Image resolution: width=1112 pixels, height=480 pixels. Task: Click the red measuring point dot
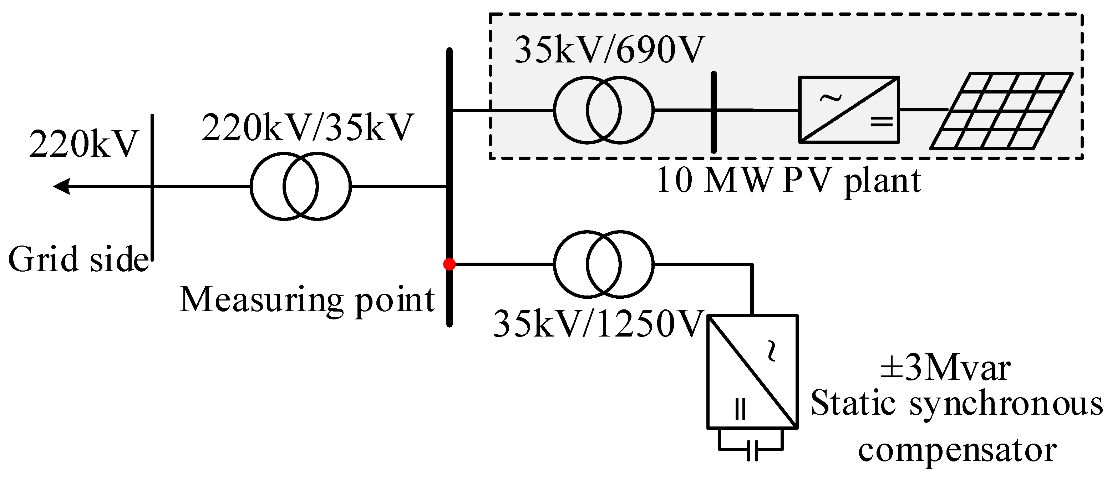tap(450, 264)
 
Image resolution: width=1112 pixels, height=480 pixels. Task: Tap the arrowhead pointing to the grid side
tap(62, 187)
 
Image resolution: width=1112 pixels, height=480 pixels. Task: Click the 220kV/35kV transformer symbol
tap(301, 187)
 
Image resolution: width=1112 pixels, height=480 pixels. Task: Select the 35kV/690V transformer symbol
tap(604, 110)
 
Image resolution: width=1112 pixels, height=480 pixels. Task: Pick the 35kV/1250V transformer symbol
tap(604, 264)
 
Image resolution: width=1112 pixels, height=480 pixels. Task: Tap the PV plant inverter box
tap(849, 110)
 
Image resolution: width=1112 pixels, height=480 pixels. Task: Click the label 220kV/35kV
tap(308, 128)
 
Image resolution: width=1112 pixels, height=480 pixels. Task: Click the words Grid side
tap(78, 259)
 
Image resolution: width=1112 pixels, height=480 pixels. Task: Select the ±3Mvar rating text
tap(945, 369)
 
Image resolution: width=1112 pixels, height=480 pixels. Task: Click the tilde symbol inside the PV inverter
tap(831, 98)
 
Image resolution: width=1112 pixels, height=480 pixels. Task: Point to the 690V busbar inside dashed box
tap(714, 112)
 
